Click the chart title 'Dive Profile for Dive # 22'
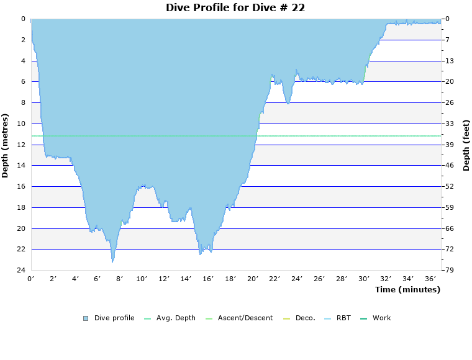tap(235, 7)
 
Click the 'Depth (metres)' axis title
tap(6, 145)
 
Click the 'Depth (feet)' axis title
tap(466, 145)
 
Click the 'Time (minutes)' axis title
tap(407, 289)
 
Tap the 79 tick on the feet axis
tap(449, 271)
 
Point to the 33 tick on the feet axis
tap(449, 124)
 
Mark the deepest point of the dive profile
tap(112, 261)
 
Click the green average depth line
tap(348, 135)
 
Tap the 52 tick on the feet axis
tap(449, 186)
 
